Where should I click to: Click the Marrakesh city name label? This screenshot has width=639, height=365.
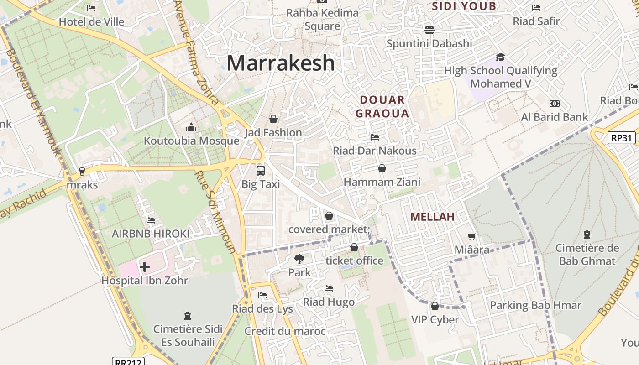[281, 63]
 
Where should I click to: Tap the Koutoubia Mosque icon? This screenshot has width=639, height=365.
[191, 127]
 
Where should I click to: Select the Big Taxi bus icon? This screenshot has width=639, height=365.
[260, 171]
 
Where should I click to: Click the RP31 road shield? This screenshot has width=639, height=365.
[622, 137]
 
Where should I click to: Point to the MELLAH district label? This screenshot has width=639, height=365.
[432, 217]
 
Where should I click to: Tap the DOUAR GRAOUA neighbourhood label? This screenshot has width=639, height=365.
[382, 107]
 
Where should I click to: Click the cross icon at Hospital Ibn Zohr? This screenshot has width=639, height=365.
[145, 267]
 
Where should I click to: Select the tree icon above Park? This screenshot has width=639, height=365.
[299, 259]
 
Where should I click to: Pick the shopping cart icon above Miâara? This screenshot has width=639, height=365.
[472, 236]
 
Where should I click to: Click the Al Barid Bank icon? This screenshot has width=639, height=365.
[555, 104]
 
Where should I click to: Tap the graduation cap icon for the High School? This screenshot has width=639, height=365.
[500, 57]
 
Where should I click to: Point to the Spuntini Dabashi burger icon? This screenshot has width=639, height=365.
[429, 30]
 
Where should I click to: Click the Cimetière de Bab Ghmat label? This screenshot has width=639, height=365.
[587, 255]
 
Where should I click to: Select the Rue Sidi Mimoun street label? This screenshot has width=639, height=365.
[214, 212]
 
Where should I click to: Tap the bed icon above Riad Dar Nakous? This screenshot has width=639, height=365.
[375, 137]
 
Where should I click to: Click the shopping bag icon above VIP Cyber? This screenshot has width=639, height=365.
[435, 306]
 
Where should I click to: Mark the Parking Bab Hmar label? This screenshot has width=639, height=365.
[535, 305]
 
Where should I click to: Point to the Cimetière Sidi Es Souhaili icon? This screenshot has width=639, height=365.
[187, 315]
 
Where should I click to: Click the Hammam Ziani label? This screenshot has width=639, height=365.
[382, 182]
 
